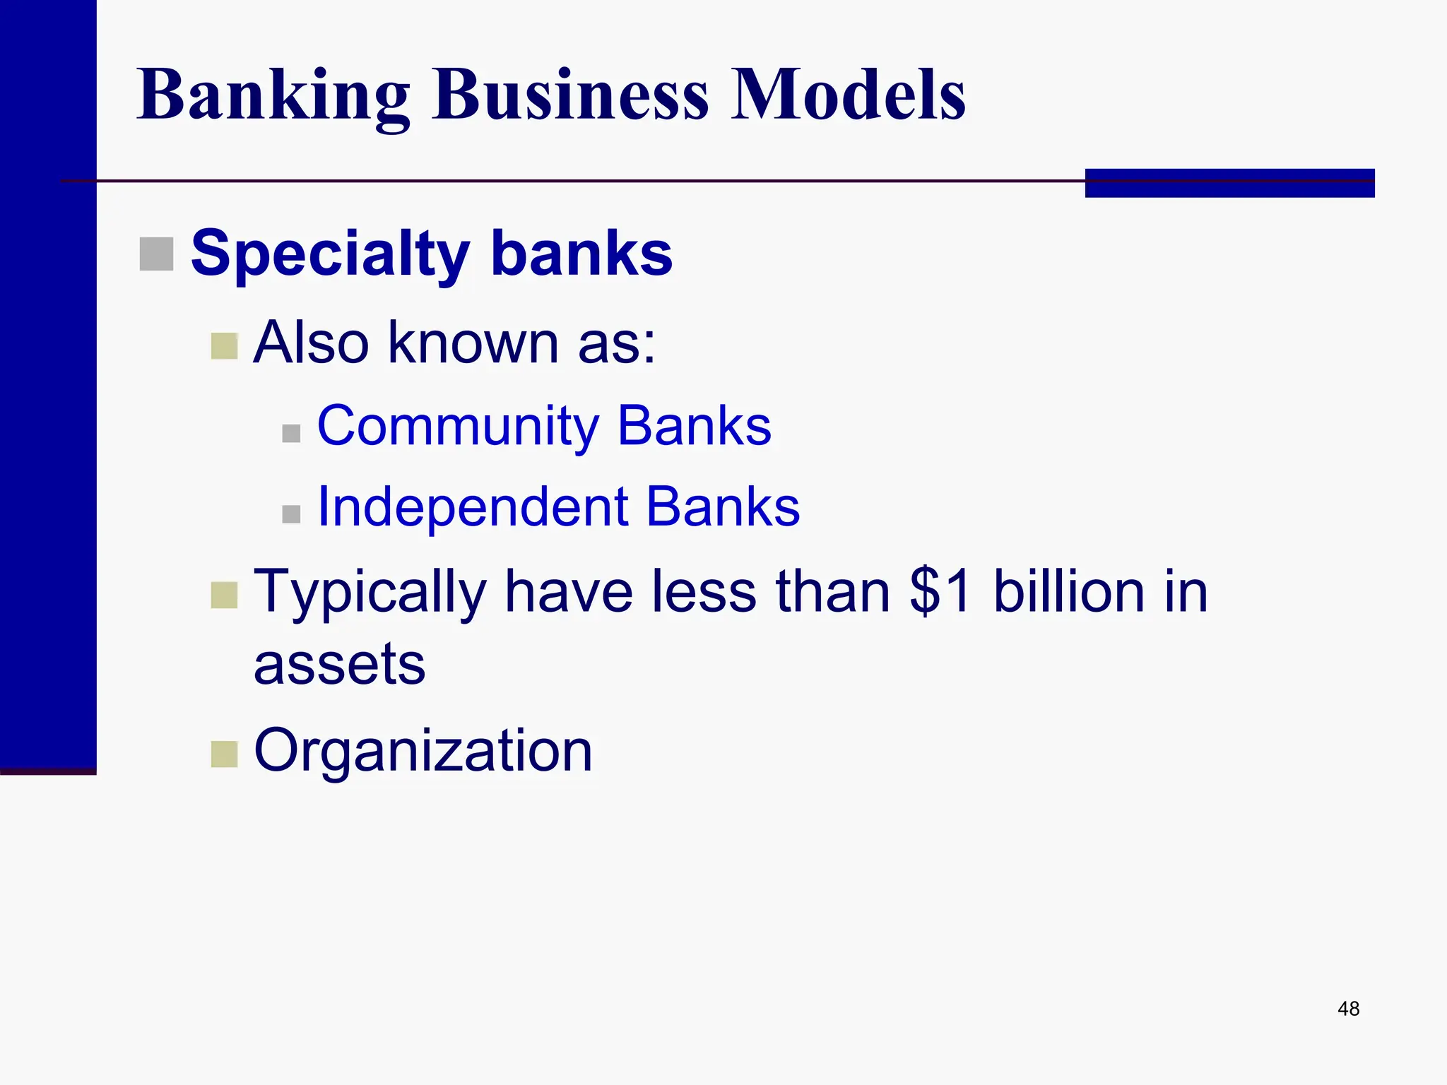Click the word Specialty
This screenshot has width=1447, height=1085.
pos(330,254)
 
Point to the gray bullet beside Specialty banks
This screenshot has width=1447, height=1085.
pos(156,254)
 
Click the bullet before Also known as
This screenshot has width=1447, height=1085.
pos(225,346)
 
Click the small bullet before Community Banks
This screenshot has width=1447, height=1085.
pos(291,433)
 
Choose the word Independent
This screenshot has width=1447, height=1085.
pos(473,507)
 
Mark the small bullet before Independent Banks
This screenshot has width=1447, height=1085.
pos(291,514)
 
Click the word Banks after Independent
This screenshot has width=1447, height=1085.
pos(723,507)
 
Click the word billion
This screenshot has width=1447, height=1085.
pos(1068,591)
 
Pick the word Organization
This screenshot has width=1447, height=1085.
pos(423,750)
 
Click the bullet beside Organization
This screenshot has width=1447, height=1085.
pos(225,754)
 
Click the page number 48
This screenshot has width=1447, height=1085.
pos(1348,1009)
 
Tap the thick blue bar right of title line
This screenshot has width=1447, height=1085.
pos(1229,183)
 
